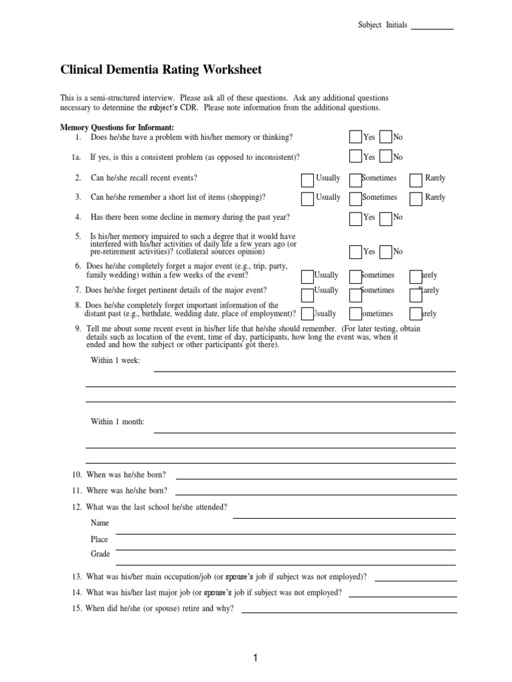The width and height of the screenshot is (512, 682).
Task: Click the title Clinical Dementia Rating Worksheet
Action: pyautogui.click(x=161, y=69)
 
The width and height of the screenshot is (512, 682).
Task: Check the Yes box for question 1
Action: pyautogui.click(x=355, y=137)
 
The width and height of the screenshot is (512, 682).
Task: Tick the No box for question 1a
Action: pyautogui.click(x=385, y=157)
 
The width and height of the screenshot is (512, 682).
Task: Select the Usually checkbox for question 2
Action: pyautogui.click(x=307, y=179)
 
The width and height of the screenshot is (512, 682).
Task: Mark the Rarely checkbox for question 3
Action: pyautogui.click(x=416, y=198)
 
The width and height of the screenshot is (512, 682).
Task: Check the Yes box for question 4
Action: pyautogui.click(x=355, y=217)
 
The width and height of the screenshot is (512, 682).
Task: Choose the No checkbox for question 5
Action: pyautogui.click(x=385, y=252)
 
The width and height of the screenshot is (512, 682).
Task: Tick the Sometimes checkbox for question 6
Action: pyautogui.click(x=355, y=276)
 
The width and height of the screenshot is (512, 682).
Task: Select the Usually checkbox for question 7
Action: pyautogui.click(x=307, y=292)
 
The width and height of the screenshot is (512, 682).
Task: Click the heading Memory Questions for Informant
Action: pyautogui.click(x=117, y=127)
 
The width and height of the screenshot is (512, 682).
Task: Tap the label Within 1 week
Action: pyautogui.click(x=115, y=360)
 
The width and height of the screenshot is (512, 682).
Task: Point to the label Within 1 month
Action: pyautogui.click(x=117, y=422)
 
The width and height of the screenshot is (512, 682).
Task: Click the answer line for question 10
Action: pyautogui.click(x=316, y=478)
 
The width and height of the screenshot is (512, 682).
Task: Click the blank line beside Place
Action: pyautogui.click(x=285, y=533)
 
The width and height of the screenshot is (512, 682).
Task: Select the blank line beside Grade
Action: pyautogui.click(x=285, y=549)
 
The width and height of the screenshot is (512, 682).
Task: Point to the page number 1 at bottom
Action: pyautogui.click(x=255, y=659)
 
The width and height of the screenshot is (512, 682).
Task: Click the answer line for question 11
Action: pyautogui.click(x=316, y=494)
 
